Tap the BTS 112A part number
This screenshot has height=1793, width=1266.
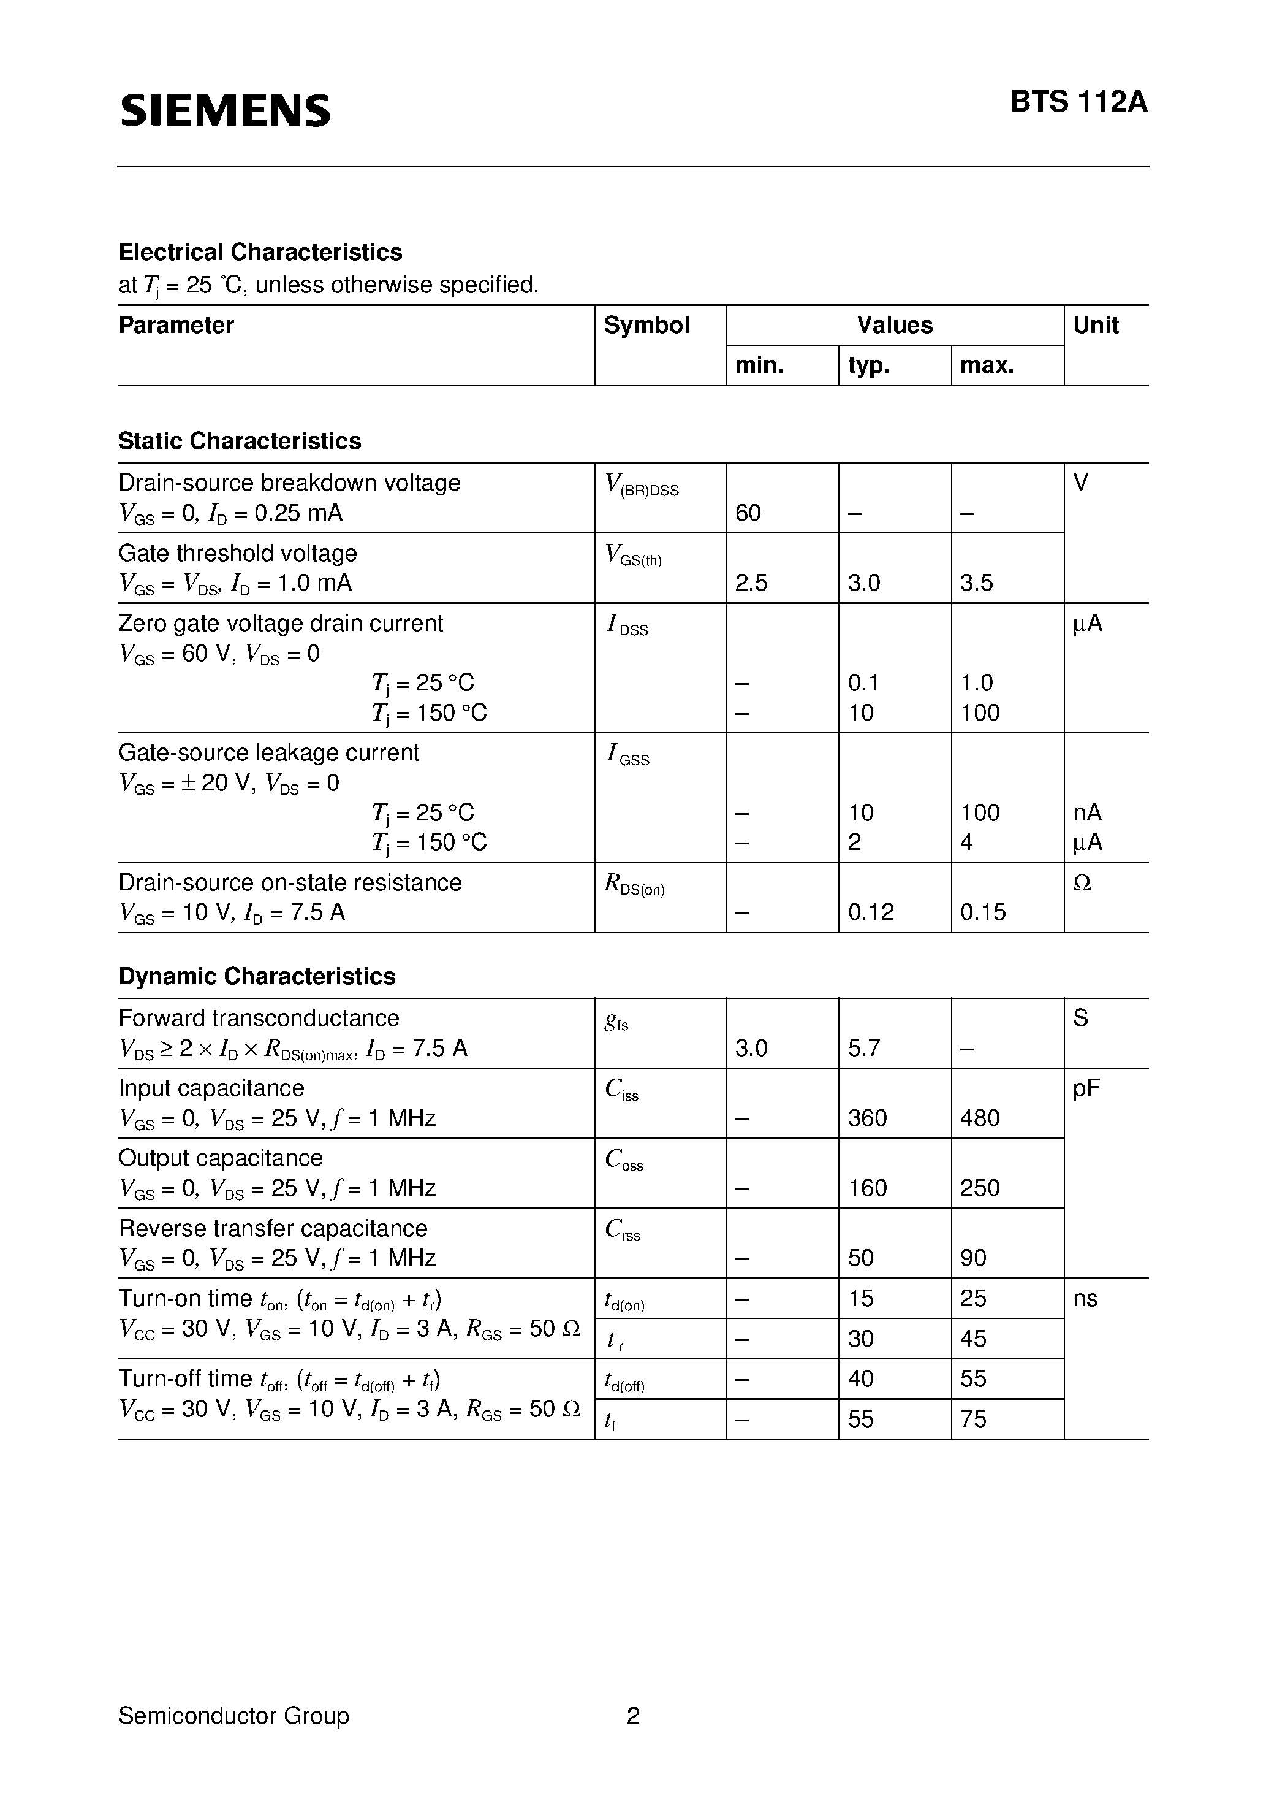(1078, 102)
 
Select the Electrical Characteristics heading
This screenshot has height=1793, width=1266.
(260, 252)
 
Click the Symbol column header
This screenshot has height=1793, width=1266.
(646, 326)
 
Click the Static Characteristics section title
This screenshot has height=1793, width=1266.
(240, 442)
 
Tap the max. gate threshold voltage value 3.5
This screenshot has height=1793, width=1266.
(976, 583)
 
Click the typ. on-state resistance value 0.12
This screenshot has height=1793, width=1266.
(870, 912)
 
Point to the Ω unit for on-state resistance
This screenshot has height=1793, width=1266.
(1082, 883)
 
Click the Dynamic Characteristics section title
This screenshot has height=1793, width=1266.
(257, 976)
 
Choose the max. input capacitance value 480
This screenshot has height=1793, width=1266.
(980, 1118)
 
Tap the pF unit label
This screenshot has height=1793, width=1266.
(1086, 1088)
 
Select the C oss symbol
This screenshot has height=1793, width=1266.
(624, 1160)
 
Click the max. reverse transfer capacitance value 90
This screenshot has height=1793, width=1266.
(973, 1258)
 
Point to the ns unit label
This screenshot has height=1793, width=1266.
(1085, 1299)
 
